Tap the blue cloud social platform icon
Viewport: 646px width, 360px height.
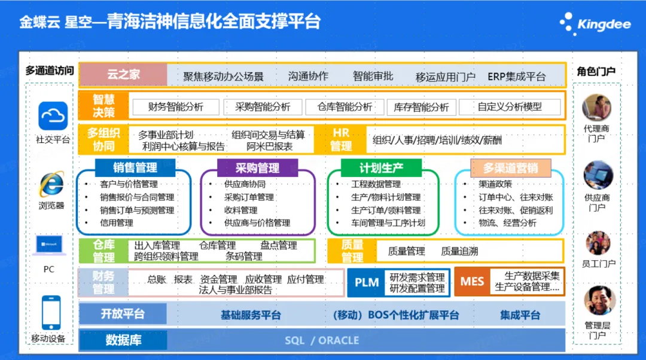click(x=53, y=115)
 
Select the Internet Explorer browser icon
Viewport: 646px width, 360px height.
click(x=51, y=184)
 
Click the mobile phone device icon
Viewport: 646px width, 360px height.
click(x=51, y=312)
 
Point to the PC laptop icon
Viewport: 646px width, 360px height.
click(x=49, y=245)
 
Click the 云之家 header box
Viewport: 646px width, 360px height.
click(x=123, y=75)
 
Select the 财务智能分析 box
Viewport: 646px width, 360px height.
click(x=175, y=107)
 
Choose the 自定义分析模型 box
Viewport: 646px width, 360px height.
click(x=510, y=107)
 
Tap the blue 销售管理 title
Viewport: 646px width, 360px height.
click(x=135, y=167)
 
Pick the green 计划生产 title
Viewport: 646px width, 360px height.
click(x=381, y=167)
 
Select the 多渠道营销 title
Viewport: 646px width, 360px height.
click(x=510, y=168)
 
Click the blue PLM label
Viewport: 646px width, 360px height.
click(x=366, y=282)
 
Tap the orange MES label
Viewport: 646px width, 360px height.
click(x=472, y=281)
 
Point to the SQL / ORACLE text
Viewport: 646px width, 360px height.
click(x=322, y=340)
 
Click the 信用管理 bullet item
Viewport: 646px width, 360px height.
click(x=117, y=223)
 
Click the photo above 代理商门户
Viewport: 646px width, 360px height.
click(x=596, y=108)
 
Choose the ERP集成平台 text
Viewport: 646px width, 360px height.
click(x=516, y=77)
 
